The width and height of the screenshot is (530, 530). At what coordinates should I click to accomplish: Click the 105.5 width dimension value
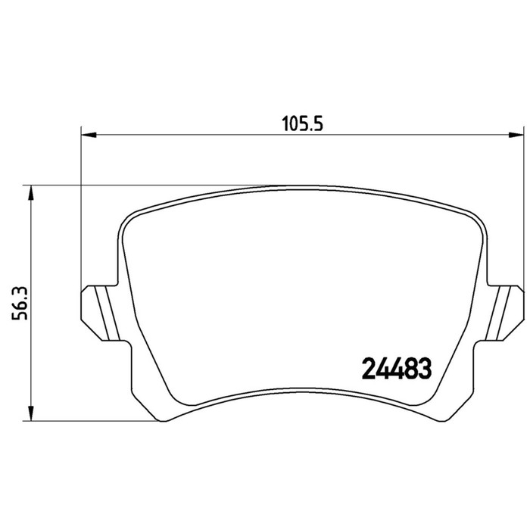[x=303, y=123]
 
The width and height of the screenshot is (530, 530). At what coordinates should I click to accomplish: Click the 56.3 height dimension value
[x=19, y=304]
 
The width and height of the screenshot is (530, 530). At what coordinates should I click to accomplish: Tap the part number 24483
[x=397, y=369]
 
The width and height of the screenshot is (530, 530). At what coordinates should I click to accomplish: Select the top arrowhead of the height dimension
[x=31, y=193]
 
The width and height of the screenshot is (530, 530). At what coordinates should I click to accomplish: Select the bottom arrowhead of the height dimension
[x=31, y=413]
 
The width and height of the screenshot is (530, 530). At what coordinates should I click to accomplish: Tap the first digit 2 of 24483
[x=369, y=369]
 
